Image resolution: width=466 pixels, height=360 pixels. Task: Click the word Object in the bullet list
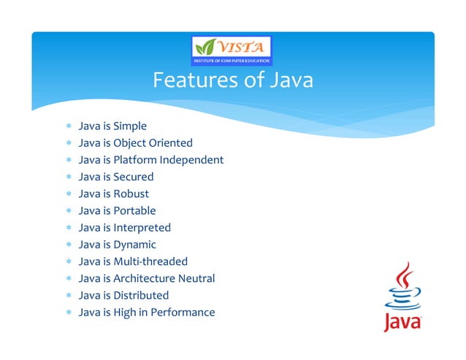(131, 143)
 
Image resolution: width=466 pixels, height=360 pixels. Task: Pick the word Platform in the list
(137, 160)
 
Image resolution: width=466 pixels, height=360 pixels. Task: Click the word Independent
(194, 160)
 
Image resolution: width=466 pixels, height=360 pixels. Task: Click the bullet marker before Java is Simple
(67, 127)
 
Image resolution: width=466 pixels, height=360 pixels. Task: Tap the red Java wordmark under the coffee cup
(402, 321)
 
